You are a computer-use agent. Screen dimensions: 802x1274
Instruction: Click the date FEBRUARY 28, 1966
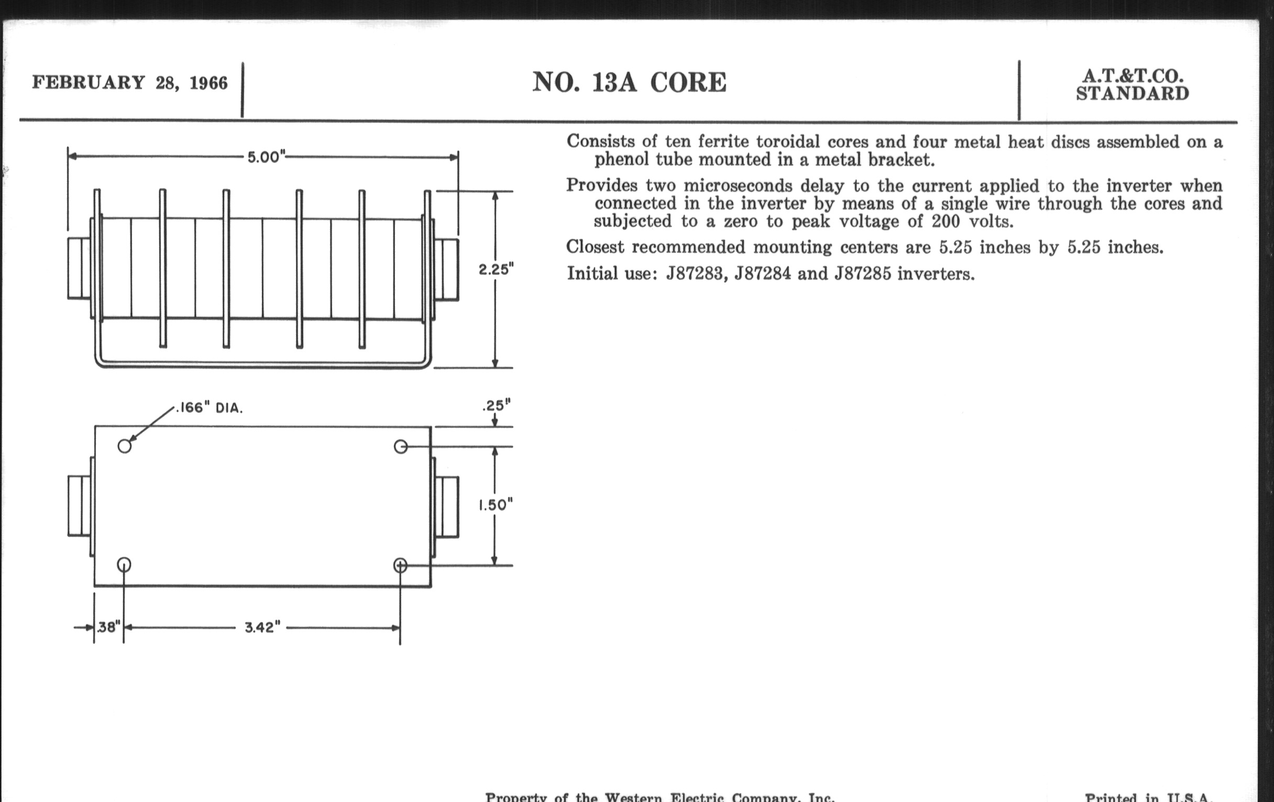tap(129, 83)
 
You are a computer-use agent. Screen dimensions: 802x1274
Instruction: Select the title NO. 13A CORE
tap(629, 83)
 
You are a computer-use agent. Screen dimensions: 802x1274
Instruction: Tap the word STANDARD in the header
tap(1133, 94)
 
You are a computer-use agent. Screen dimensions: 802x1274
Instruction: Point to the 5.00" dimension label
tap(266, 157)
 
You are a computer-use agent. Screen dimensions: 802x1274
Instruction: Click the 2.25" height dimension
tap(496, 269)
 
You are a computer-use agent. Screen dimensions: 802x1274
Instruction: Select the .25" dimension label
tap(496, 406)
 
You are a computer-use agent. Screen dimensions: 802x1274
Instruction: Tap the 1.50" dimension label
tap(496, 505)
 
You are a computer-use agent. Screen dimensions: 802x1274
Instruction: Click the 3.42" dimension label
tap(262, 627)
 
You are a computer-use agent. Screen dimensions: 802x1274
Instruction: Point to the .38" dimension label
tap(108, 627)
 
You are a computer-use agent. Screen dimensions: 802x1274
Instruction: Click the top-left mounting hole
tap(124, 446)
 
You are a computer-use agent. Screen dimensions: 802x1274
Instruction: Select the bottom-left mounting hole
tap(124, 565)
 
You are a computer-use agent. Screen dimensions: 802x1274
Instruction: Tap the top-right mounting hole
tap(401, 447)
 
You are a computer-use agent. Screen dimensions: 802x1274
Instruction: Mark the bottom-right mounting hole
tap(401, 566)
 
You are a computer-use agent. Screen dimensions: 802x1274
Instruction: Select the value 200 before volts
tap(946, 221)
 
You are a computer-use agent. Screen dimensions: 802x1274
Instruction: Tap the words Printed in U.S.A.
tap(1148, 797)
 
